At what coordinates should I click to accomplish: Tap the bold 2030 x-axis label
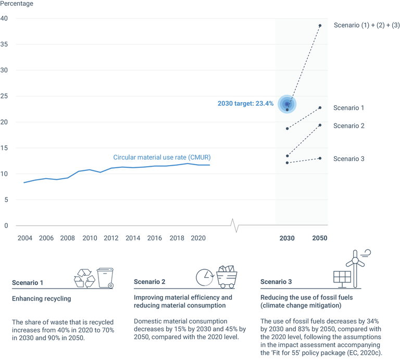[x=287, y=238]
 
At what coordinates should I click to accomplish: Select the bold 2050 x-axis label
[x=320, y=238]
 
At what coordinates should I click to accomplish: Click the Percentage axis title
[x=17, y=4]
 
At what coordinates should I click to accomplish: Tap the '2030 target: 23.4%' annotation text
[x=245, y=104]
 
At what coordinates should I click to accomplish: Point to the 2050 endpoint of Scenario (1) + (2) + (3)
[x=320, y=26]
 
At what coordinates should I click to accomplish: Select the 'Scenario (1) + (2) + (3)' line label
[x=367, y=26]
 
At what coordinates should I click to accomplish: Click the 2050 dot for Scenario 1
[x=320, y=108]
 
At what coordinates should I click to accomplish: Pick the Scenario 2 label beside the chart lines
[x=348, y=126]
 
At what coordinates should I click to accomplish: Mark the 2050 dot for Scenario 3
[x=320, y=158]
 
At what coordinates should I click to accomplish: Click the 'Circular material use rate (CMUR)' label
[x=162, y=157]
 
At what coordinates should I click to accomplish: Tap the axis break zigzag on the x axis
[x=236, y=226]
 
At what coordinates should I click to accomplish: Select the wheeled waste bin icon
[x=106, y=278]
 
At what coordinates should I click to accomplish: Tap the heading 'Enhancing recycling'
[x=41, y=299]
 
